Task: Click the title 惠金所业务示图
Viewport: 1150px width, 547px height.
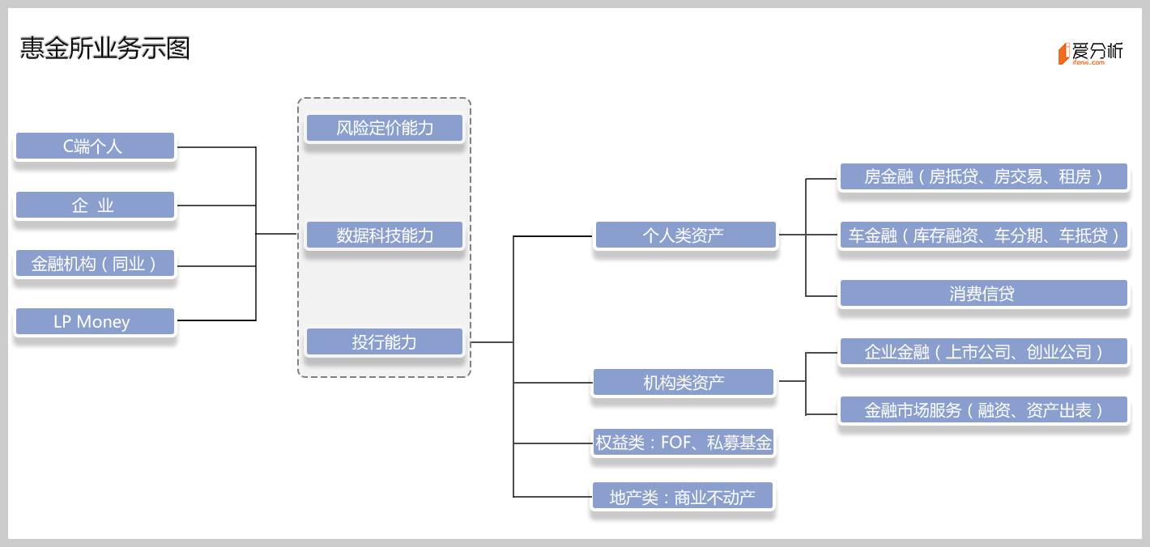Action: point(105,49)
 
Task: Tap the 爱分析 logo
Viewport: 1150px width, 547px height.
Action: point(1090,53)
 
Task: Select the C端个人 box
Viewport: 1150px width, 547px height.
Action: point(95,146)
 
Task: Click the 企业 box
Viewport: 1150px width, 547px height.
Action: point(95,206)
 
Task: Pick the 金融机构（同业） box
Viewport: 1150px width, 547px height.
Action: point(95,264)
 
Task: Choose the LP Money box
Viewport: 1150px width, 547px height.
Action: point(95,322)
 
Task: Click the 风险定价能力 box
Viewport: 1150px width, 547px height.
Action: point(385,128)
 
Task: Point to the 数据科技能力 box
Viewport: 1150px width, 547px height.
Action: point(385,235)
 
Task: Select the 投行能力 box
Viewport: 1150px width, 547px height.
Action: point(385,342)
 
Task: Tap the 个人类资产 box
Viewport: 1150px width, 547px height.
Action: point(684,235)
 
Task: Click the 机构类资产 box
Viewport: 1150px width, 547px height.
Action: point(684,383)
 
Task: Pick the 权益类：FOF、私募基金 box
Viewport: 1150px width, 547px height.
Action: point(684,443)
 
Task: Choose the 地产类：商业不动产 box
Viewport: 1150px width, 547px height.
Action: point(683,497)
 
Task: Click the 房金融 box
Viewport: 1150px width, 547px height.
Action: point(983,176)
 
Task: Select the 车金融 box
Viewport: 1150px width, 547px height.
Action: point(983,235)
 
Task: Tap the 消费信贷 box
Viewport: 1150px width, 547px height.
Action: point(983,294)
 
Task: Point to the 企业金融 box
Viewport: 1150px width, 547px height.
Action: point(983,352)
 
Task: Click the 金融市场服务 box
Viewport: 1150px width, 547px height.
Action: point(983,410)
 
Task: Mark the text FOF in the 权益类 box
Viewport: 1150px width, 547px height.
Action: point(676,443)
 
